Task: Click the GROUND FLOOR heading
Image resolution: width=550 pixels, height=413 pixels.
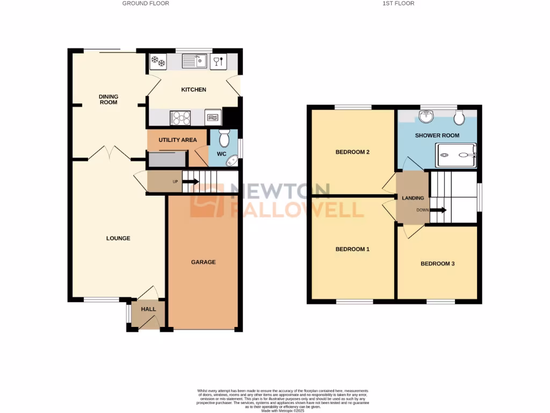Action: [146, 3]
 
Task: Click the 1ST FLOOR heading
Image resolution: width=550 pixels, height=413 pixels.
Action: [398, 3]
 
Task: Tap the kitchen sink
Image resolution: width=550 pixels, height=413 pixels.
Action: [194, 61]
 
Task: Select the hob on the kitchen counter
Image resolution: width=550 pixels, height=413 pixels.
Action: [180, 117]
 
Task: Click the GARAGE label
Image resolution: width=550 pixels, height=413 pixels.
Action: [204, 262]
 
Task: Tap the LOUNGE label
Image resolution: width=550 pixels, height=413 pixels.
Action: [118, 238]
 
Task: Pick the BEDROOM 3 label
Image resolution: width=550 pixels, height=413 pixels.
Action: [438, 264]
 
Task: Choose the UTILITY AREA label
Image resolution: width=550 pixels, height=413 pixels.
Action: [177, 140]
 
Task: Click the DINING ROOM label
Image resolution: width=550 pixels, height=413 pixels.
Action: [108, 99]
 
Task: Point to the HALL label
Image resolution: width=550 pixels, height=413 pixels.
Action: [148, 309]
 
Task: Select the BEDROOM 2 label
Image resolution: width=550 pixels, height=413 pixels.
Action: [352, 152]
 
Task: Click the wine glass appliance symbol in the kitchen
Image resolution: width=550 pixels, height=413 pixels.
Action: [218, 61]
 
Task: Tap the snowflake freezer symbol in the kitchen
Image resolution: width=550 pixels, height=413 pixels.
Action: [158, 61]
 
